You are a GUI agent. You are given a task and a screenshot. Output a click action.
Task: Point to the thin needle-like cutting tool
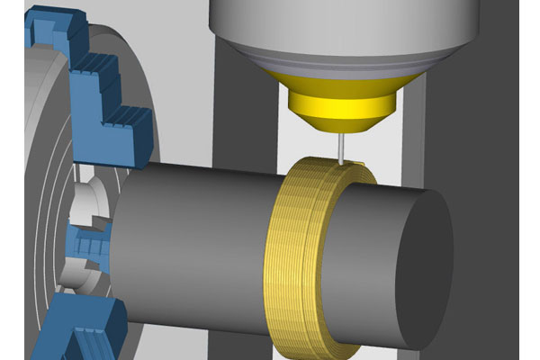coord(344,146)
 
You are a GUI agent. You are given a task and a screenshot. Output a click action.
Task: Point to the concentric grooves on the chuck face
coord(40,198)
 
